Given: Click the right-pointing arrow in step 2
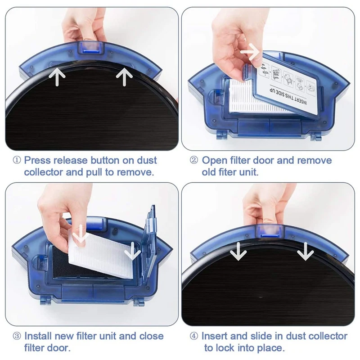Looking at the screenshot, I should pyautogui.click(x=250, y=53).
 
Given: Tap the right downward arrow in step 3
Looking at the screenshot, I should pyautogui.click(x=132, y=252).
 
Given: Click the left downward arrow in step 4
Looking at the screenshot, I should pyautogui.click(x=238, y=251).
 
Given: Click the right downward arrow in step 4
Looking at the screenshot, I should pyautogui.click(x=305, y=251).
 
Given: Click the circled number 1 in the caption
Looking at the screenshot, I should pyautogui.click(x=17, y=161).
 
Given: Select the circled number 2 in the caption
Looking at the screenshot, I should pyautogui.click(x=194, y=161).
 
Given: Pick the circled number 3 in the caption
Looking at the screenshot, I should pyautogui.click(x=17, y=336).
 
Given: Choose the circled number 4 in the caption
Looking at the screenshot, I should pyautogui.click(x=194, y=336).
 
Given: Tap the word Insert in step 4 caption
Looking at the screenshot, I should pyautogui.click(x=215, y=336).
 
